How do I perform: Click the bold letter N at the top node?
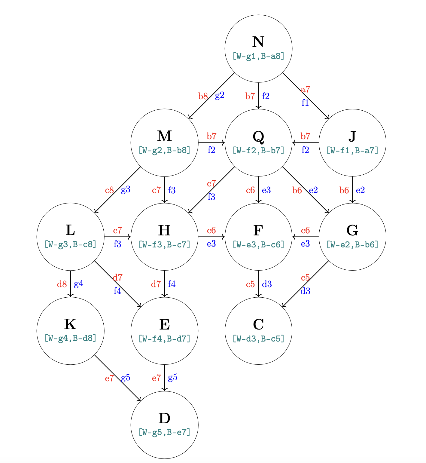pyautogui.click(x=258, y=42)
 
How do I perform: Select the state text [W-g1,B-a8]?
pyautogui.click(x=258, y=56)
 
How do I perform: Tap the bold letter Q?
pyautogui.click(x=258, y=136)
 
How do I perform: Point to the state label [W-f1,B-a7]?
pyautogui.click(x=352, y=150)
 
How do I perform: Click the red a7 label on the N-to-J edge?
pyautogui.click(x=305, y=90)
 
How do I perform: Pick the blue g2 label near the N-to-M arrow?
pyautogui.click(x=220, y=96)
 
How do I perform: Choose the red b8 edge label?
pyautogui.click(x=203, y=97)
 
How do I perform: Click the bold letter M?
pyautogui.click(x=164, y=136)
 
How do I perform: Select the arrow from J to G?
pyautogui.click(x=352, y=190)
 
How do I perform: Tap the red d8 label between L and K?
pyautogui.click(x=62, y=284)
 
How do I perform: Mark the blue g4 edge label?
pyautogui.click(x=79, y=284)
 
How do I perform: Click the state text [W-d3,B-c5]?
pyautogui.click(x=258, y=339)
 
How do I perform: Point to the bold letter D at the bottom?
pyautogui.click(x=164, y=418)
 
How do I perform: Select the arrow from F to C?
pyautogui.click(x=258, y=284)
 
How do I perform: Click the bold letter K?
pyautogui.click(x=70, y=324)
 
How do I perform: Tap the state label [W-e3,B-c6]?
pyautogui.click(x=258, y=244)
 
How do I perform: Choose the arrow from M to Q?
pyautogui.click(x=211, y=143)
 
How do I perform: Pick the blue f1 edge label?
pyautogui.click(x=305, y=103)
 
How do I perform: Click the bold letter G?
pyautogui.click(x=352, y=231)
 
